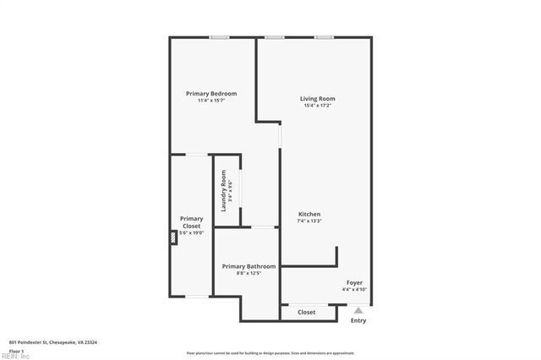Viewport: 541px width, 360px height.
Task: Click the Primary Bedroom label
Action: point(211,93)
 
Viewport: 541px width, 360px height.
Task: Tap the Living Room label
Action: point(318,99)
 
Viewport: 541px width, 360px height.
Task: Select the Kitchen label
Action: point(309,214)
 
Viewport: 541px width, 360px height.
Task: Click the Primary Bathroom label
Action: point(249,266)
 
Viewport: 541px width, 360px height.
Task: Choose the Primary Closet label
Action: point(191,222)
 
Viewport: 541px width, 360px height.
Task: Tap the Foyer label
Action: point(355,282)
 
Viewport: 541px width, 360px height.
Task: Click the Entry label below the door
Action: point(358,320)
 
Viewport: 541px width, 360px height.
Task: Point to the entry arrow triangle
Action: point(358,310)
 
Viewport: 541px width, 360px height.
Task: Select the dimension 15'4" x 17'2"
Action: point(318,106)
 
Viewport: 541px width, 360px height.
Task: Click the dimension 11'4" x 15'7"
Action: point(211,100)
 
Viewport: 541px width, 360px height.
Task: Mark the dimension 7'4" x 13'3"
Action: point(309,221)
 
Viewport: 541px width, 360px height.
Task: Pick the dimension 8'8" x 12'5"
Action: point(249,273)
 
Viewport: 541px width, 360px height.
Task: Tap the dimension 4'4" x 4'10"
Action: point(355,289)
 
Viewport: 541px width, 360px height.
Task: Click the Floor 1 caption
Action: point(16,351)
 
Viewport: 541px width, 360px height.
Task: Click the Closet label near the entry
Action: point(307,313)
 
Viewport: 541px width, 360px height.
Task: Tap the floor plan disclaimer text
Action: point(270,352)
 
